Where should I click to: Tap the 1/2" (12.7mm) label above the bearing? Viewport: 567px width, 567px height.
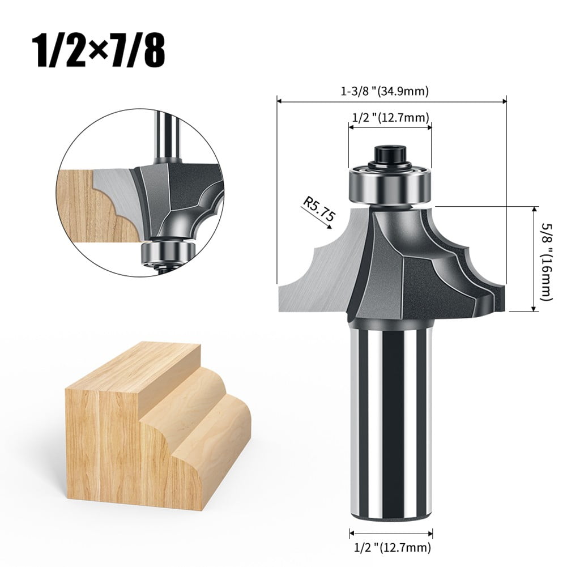(x=391, y=117)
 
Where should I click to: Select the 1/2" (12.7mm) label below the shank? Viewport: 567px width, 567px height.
(x=391, y=547)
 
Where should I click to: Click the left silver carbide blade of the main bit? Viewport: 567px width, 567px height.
(x=317, y=266)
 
